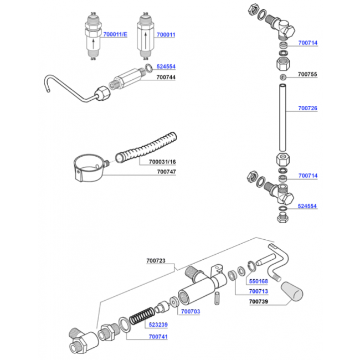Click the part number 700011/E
coord(115,34)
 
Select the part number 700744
coord(166,77)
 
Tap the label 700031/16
coord(162,162)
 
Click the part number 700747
coord(167,172)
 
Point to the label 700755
coord(307,74)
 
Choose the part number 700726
coord(307,108)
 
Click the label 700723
coord(156,261)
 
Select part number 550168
coord(259,281)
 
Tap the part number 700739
coord(259,301)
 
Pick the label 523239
coord(158,325)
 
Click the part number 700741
coord(158,337)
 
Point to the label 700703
coord(191,312)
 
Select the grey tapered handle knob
coord(292,291)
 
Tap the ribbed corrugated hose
coord(146,147)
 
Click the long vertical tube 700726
coord(282,118)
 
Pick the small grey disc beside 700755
coord(283,77)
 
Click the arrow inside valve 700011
coord(146,40)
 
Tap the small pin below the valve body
coord(217,298)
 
